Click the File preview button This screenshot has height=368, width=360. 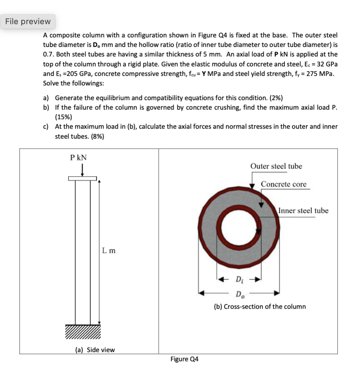tap(28, 22)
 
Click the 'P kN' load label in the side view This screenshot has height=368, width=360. tap(78, 158)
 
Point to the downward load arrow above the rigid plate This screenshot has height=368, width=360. tap(82, 169)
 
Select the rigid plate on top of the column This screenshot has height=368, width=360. tap(82, 179)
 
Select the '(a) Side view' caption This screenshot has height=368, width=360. tap(95, 350)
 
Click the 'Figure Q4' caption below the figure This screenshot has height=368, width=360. tap(184, 359)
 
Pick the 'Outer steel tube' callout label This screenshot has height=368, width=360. tap(276, 166)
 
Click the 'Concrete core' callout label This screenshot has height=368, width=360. tap(283, 184)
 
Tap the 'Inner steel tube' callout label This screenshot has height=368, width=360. tap(303, 210)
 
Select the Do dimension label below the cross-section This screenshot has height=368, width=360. tap(239, 294)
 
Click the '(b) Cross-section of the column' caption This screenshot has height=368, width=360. tap(260, 306)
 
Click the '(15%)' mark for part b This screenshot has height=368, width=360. tap(63, 117)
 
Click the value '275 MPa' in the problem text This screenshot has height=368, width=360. tap(320, 73)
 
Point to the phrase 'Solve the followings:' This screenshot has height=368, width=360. tap(73, 83)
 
